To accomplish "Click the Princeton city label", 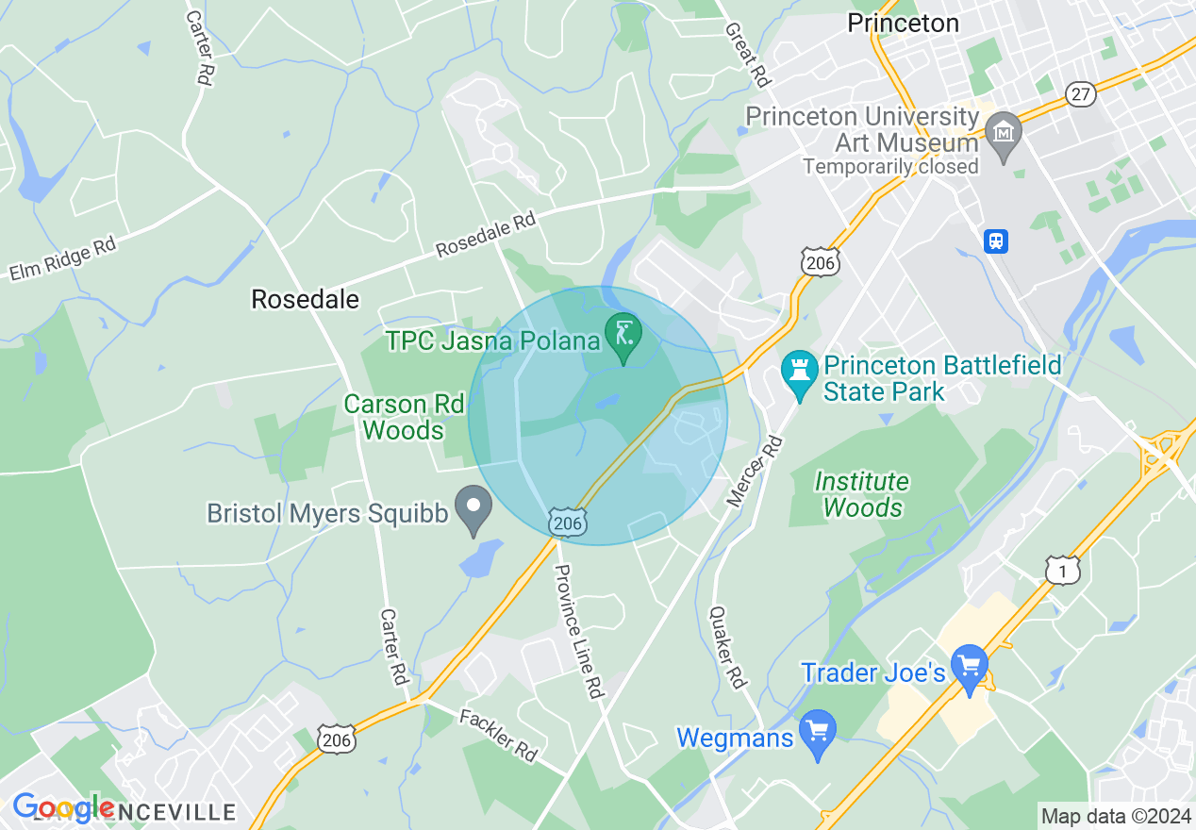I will pos(903,24).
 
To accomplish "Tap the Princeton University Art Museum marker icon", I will pos(1003,130).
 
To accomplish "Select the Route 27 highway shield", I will pos(1081,93).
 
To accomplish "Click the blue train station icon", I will pos(995,241).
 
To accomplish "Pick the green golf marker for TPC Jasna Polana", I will pos(623,335).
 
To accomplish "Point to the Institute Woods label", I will pos(862,495).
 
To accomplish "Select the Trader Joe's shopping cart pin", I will pos(969,666).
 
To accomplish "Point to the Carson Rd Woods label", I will pos(404,418).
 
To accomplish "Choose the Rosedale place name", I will pos(305,300).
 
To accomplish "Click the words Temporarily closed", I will pos(890,167).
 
